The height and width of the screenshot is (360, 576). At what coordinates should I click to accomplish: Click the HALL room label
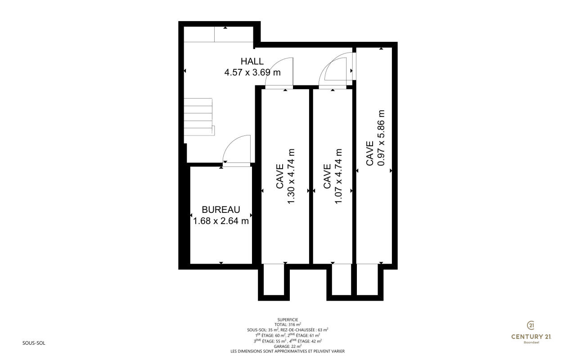[x=252, y=62]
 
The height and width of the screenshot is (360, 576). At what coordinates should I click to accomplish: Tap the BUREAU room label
[x=221, y=210]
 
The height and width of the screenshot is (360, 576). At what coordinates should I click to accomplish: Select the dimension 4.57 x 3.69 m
[x=252, y=72]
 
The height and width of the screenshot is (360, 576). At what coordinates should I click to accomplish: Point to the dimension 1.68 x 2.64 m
[x=221, y=221]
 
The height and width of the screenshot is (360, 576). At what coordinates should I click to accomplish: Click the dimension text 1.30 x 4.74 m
[x=291, y=176]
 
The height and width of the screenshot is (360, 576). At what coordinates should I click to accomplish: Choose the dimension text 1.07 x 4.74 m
[x=338, y=176]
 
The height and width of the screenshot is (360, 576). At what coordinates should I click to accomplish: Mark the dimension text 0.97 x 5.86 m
[x=381, y=138]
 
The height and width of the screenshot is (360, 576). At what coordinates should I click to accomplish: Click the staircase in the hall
[x=199, y=117]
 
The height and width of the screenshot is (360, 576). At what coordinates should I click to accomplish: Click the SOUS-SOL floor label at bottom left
[x=34, y=343]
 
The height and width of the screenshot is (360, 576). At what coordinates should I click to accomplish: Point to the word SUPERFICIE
[x=288, y=320]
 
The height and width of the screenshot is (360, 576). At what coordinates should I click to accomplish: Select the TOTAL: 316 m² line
[x=288, y=325]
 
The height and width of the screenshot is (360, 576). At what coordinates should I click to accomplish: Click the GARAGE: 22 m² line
[x=288, y=346]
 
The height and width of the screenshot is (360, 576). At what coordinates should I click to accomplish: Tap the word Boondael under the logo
[x=531, y=342]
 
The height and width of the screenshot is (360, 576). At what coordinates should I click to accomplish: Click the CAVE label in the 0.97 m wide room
[x=369, y=153]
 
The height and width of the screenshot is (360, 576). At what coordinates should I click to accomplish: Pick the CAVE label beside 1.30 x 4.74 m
[x=279, y=176]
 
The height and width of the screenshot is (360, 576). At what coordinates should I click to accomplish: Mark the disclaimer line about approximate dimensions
[x=288, y=351]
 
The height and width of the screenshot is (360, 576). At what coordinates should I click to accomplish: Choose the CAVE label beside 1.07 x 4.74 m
[x=327, y=176]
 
